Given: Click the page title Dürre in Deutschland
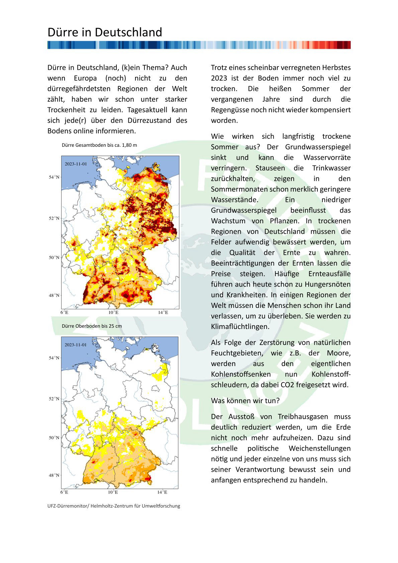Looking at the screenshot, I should coord(105,32).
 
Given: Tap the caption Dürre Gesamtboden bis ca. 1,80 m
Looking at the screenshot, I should coord(99,145).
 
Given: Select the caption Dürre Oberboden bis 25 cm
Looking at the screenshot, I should coord(92,326).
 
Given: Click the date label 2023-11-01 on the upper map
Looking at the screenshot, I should coord(76,164).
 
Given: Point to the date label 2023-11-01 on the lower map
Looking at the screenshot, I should coord(76,345).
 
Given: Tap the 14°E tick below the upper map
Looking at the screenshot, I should coord(163,312).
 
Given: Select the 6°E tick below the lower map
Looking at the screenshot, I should coord(64,492).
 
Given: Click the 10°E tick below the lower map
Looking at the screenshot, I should coord(113,492).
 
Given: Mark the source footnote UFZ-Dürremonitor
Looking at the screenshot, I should coord(114,506).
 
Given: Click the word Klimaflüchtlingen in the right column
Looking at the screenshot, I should coord(240,327).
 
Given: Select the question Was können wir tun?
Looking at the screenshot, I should coord(245,401).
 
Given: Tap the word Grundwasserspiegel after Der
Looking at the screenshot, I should coord(318,147).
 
